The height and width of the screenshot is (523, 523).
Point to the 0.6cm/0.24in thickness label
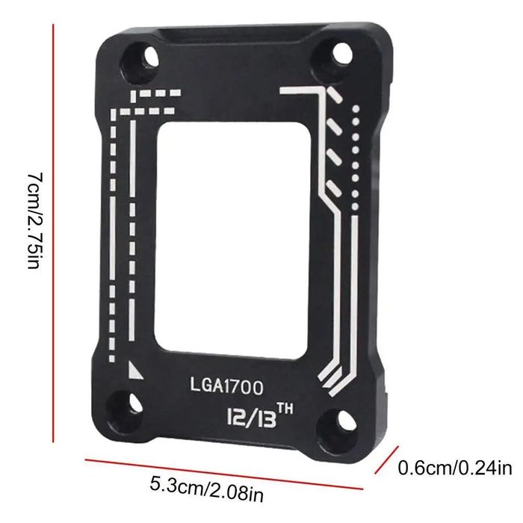[454, 469]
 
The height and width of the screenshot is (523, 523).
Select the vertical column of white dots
[356, 157]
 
